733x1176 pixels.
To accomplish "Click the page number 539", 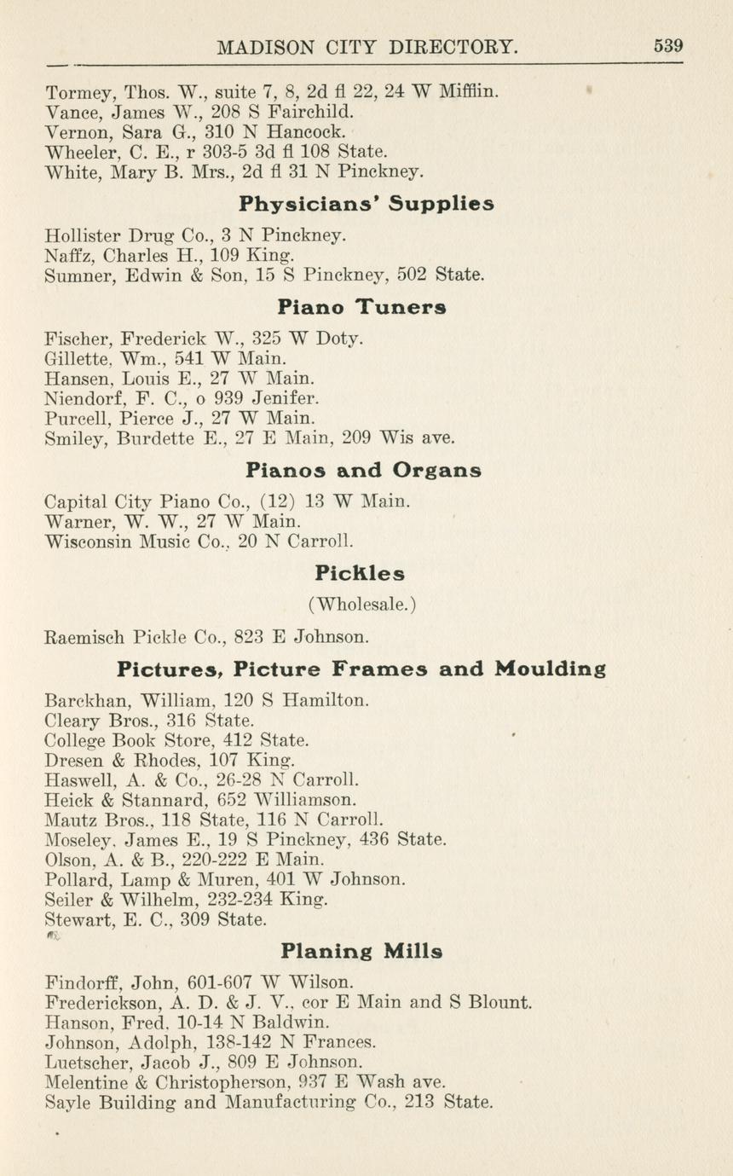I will pos(668,46).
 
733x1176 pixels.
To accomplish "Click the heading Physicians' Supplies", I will pos(366,205).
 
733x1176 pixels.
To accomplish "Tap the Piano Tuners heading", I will pos(361,306).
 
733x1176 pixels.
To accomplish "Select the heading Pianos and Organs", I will pos(363,470).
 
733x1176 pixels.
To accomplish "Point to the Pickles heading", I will pos(360,573).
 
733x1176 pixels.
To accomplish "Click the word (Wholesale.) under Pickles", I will pos(362,604).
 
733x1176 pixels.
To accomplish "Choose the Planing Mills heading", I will pos(361,951).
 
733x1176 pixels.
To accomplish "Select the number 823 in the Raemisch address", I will pos(232,635).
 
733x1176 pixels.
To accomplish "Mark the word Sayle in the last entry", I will pos(66,1103).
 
